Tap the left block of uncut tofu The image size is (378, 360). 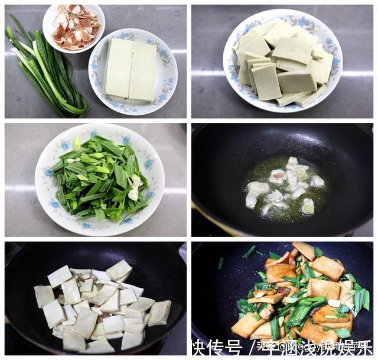[x=119, y=67]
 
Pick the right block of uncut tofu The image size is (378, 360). [x=143, y=72]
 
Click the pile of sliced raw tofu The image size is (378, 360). [x=282, y=62]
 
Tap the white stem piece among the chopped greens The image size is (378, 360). [x=135, y=188]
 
